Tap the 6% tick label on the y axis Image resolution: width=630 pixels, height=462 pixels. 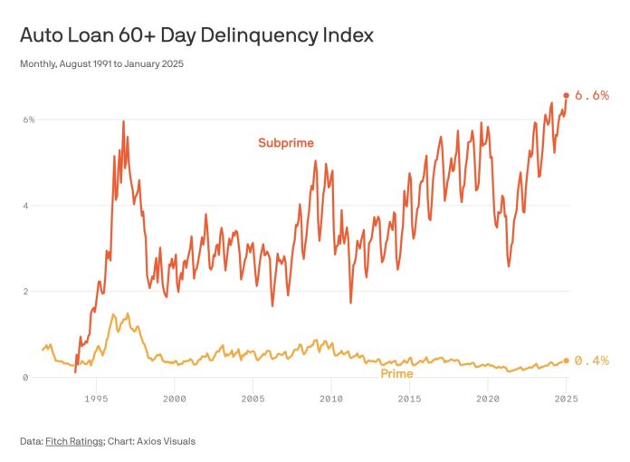click(x=29, y=120)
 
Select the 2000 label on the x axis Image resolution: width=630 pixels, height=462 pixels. click(x=175, y=398)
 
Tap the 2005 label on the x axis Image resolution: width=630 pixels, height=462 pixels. click(x=253, y=398)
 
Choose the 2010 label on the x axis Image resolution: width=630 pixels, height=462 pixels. click(x=331, y=398)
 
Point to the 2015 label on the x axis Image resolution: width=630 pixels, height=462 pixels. click(x=409, y=398)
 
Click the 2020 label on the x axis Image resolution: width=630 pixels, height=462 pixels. click(x=488, y=398)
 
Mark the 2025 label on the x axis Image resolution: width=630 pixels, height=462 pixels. click(x=566, y=398)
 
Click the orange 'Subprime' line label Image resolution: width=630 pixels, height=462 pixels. click(x=286, y=142)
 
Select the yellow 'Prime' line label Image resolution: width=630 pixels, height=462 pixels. click(x=396, y=373)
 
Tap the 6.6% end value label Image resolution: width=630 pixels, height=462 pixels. click(x=592, y=95)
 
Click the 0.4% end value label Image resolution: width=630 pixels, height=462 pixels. click(x=592, y=361)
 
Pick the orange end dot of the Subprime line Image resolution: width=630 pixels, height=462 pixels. click(x=567, y=95)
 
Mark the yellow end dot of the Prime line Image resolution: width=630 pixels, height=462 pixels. click(x=567, y=361)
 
